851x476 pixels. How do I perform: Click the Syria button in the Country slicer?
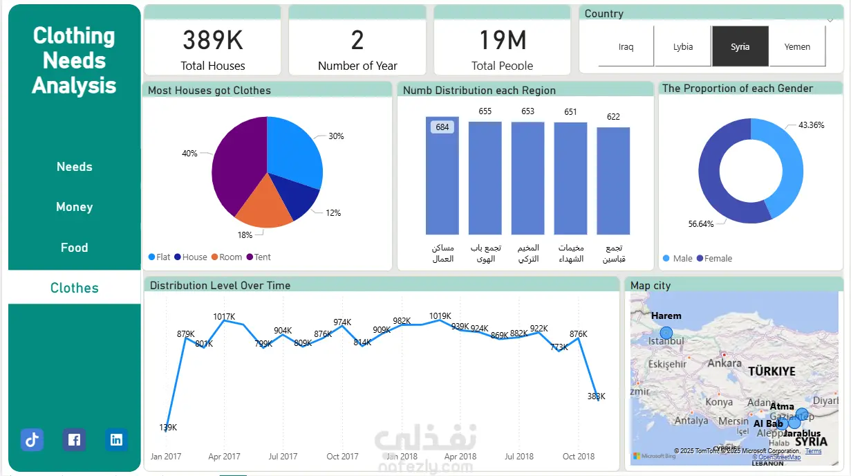740,47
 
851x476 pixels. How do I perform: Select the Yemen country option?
797,47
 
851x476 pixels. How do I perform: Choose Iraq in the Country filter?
626,47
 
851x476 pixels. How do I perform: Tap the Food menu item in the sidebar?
74,248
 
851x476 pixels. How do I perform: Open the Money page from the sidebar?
74,207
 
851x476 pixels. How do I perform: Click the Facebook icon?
74,439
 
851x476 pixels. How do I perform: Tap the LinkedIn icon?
117,439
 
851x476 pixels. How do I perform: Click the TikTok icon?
32,439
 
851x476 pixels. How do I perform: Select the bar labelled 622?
613,180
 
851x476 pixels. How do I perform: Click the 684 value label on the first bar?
442,127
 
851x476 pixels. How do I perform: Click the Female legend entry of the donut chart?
714,259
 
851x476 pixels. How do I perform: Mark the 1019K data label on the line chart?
440,316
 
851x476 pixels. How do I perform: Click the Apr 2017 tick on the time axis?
224,457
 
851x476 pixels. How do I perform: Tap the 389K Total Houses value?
213,41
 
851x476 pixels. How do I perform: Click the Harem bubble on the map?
666,333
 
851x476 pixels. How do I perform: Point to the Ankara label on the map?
724,363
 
